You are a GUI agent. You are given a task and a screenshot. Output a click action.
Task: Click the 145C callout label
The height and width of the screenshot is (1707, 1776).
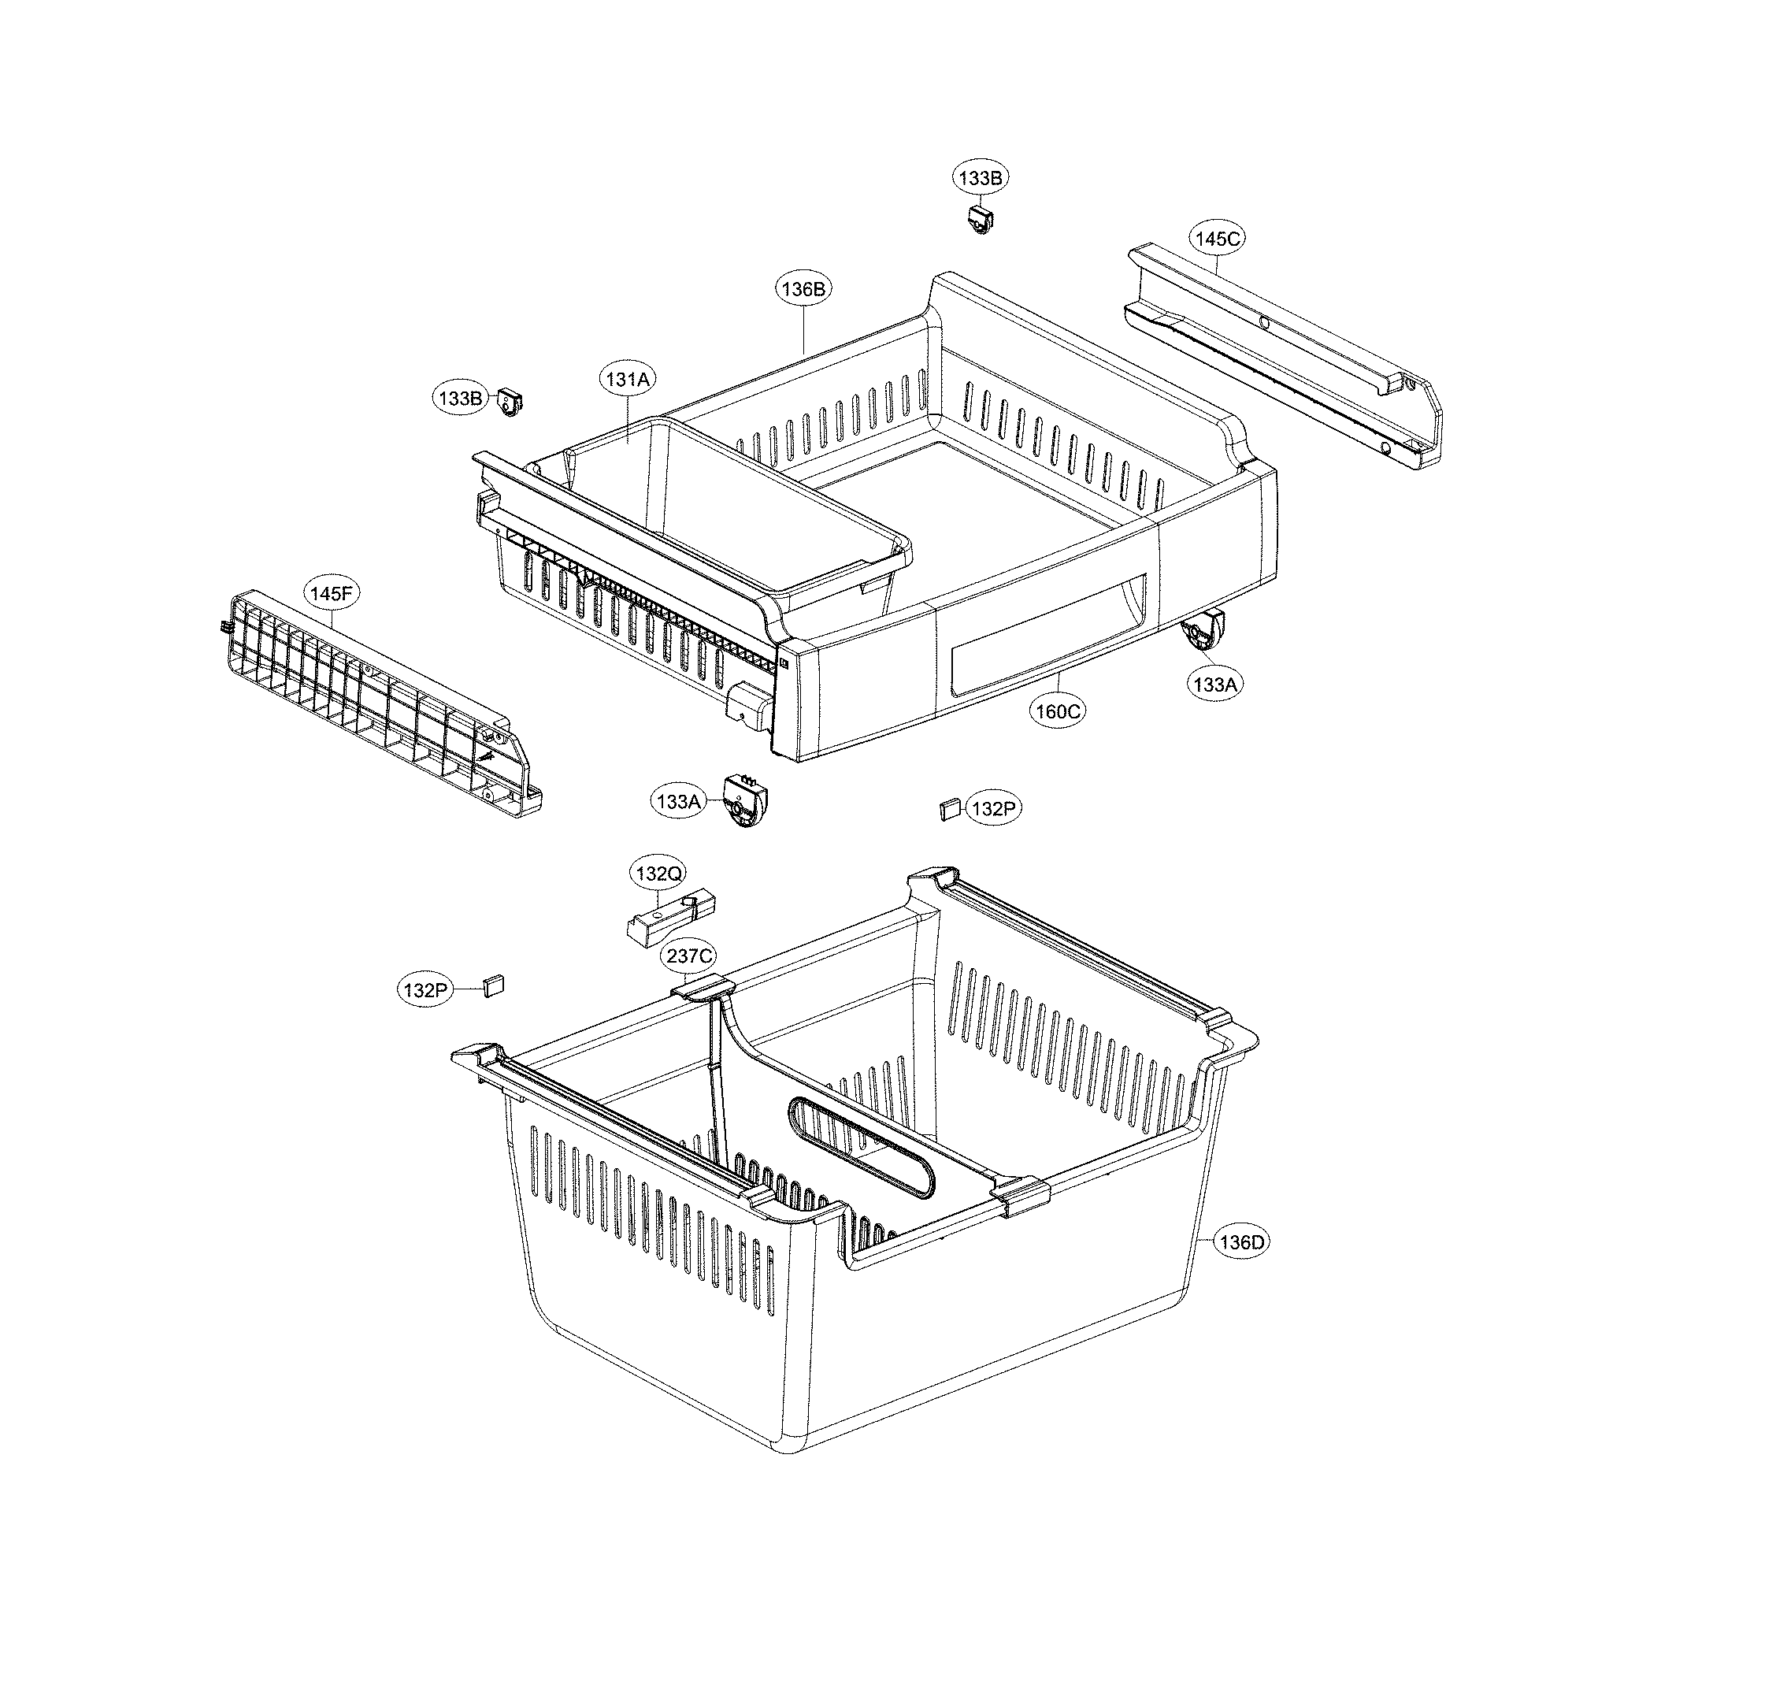1216,239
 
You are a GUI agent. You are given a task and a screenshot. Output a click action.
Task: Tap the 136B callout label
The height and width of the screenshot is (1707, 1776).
803,290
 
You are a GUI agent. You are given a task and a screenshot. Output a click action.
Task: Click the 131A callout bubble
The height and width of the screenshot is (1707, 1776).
628,380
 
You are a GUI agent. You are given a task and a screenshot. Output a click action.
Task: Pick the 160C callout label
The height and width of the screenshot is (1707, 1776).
1059,711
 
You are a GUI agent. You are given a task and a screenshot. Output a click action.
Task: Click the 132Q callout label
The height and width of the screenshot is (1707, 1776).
658,874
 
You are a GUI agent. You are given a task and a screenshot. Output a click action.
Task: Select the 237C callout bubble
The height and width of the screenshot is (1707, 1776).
691,956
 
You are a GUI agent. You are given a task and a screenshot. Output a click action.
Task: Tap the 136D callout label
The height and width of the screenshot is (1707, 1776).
1240,1242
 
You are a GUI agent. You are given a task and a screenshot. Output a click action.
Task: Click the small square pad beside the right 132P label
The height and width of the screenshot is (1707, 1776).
950,807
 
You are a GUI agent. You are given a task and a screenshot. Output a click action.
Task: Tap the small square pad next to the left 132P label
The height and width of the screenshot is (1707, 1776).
493,985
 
